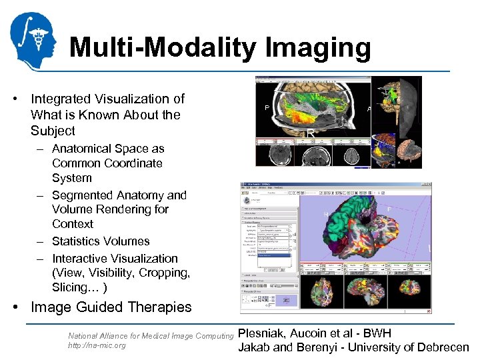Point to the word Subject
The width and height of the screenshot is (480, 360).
tap(53, 131)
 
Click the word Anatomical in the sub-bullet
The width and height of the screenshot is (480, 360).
tap(83, 149)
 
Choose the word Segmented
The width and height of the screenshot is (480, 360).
tap(83, 195)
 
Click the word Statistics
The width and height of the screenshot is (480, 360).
tap(77, 241)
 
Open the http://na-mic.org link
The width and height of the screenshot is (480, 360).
tap(97, 345)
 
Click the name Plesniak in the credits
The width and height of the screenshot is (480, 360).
tap(263, 333)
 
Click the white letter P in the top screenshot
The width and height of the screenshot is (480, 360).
tap(267, 107)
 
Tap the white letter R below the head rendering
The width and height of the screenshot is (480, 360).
tap(311, 133)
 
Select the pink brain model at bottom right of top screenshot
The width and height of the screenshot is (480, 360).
tap(408, 152)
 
